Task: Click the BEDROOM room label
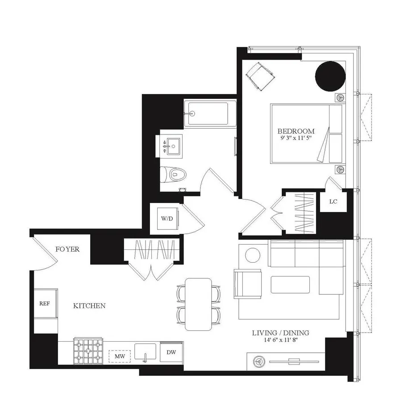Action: (x=296, y=131)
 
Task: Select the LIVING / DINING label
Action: (x=280, y=333)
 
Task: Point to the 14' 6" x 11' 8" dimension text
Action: (x=280, y=340)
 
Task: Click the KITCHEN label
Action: (x=89, y=306)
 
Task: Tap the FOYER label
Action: (x=67, y=249)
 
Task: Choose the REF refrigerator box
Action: (x=45, y=303)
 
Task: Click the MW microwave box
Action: (x=119, y=356)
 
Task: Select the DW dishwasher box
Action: (x=171, y=352)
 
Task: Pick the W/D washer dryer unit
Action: (x=167, y=218)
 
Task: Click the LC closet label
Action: (x=333, y=201)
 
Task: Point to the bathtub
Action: (x=210, y=114)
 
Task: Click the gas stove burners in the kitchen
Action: (x=89, y=351)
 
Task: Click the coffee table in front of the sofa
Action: (x=290, y=285)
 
